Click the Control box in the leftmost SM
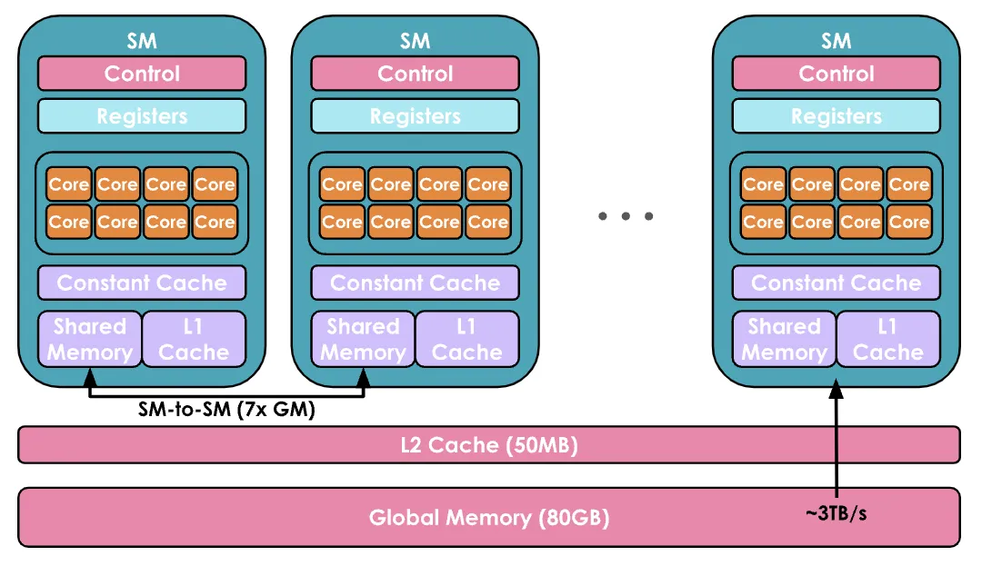point(142,74)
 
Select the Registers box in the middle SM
point(415,116)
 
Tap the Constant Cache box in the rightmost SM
point(836,283)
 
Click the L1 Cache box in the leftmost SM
point(194,339)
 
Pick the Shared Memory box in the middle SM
point(363,339)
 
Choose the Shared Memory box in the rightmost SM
point(784,339)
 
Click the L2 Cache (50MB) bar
point(489,445)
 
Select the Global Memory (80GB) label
point(489,518)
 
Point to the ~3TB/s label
point(836,515)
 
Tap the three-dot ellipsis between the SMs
point(626,216)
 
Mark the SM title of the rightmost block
point(836,41)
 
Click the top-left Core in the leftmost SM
point(69,184)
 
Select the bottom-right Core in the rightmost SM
point(908,222)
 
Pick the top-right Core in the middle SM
point(487,184)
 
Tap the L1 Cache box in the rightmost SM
point(887,339)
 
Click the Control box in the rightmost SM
point(836,74)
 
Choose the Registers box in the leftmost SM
point(142,116)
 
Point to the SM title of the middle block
point(415,41)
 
